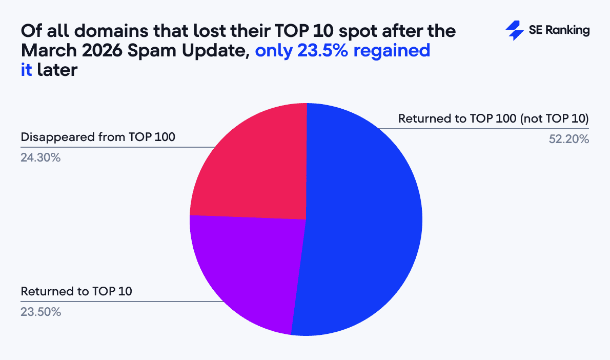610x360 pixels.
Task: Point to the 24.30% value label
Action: click(40, 158)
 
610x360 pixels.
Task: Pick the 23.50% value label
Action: click(40, 311)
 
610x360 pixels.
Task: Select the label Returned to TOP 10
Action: click(76, 291)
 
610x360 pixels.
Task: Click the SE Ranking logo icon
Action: click(514, 31)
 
